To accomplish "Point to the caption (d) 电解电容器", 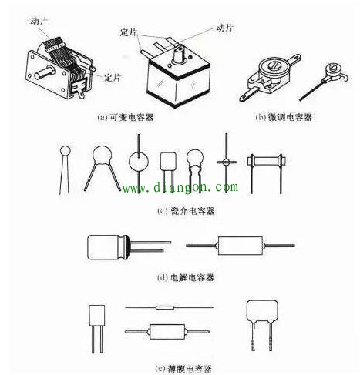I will tap(182, 276).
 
